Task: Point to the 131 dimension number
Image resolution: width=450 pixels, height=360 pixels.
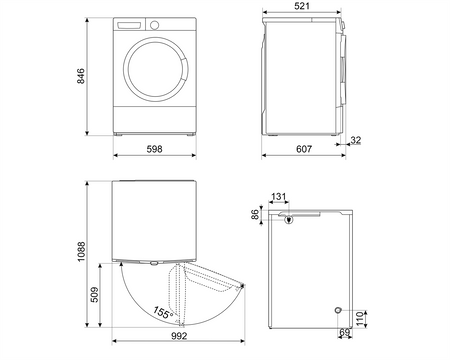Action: pos(280,197)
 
